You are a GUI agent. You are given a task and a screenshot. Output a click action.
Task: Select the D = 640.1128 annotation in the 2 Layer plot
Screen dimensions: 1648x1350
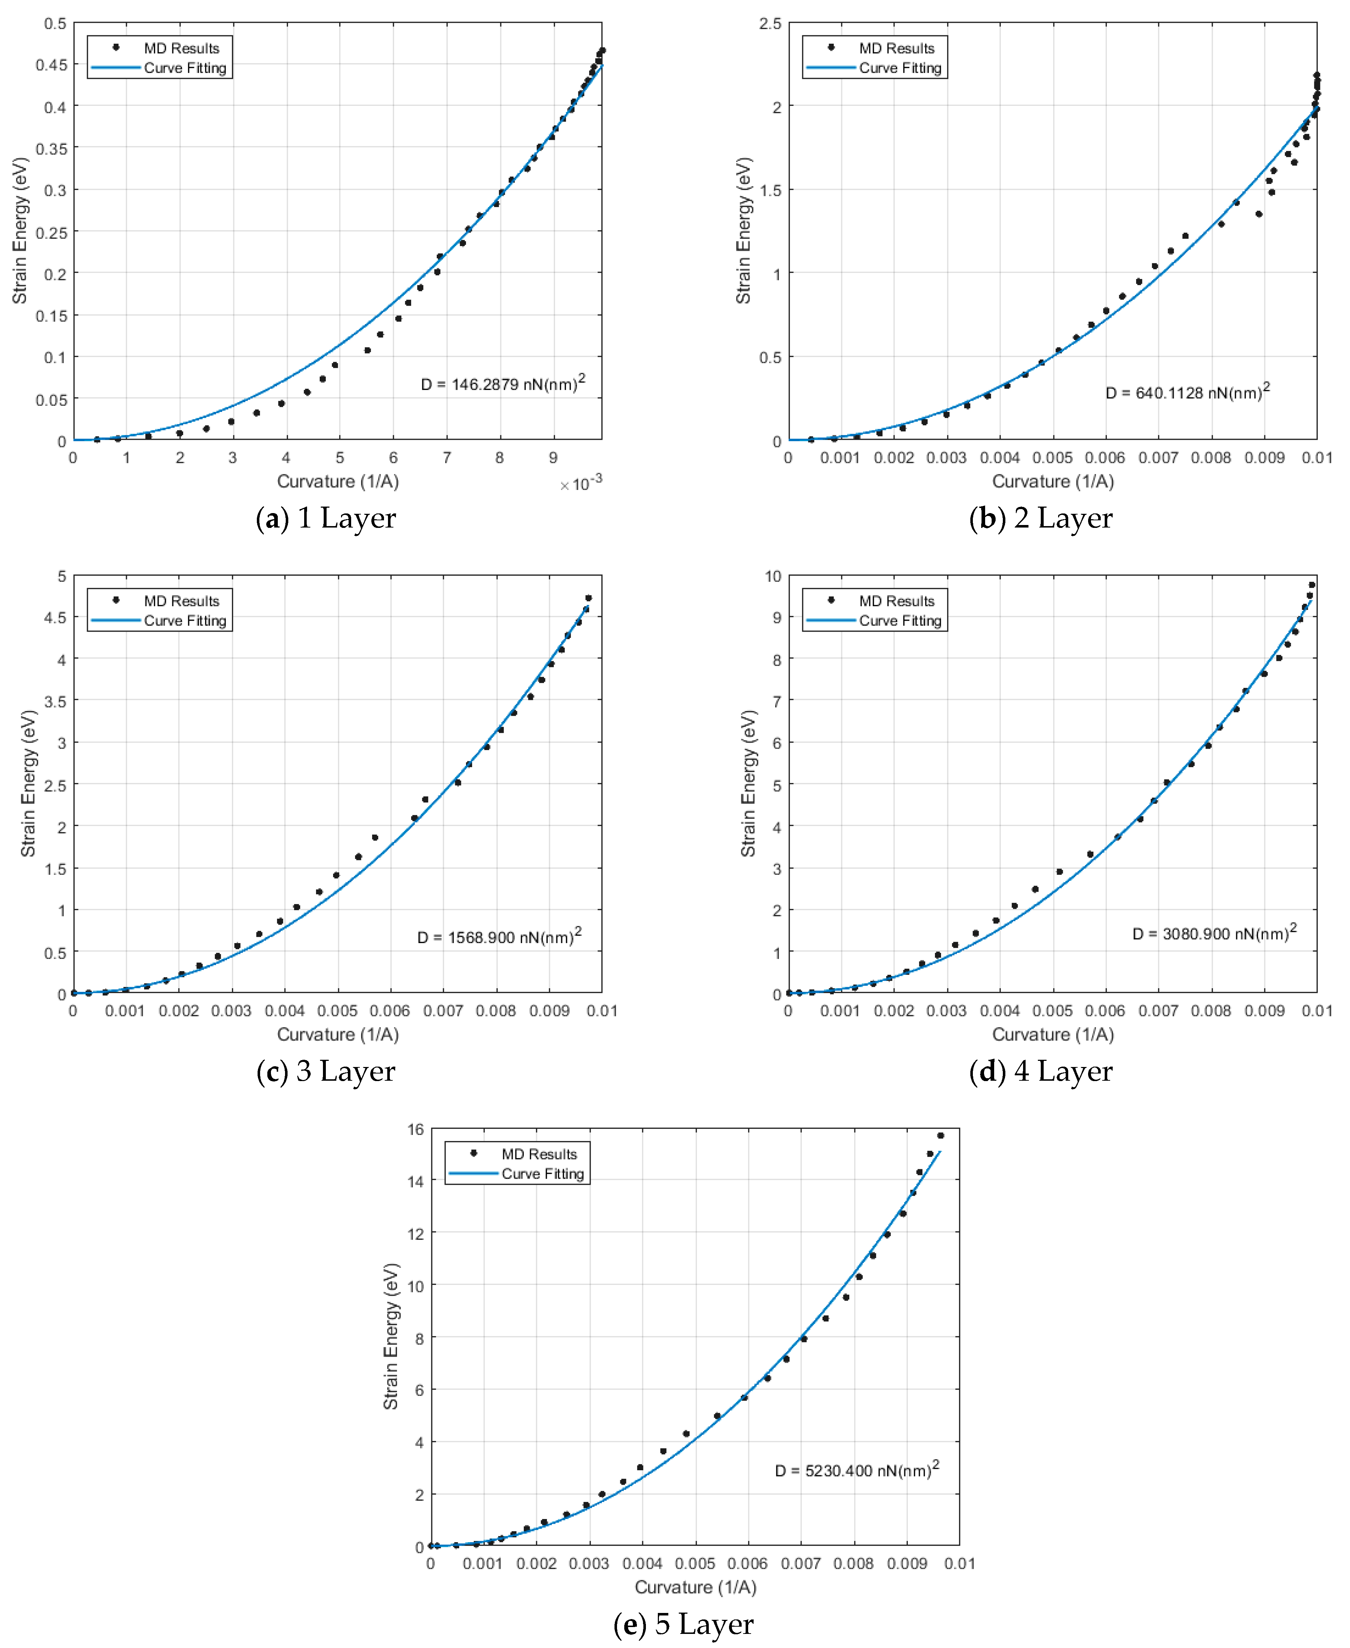1187,392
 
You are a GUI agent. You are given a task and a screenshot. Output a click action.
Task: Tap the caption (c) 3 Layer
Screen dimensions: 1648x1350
326,1071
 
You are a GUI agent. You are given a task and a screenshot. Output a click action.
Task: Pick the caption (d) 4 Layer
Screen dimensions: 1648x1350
1040,1071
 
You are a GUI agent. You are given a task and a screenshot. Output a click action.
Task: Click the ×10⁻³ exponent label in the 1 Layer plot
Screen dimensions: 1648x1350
581,484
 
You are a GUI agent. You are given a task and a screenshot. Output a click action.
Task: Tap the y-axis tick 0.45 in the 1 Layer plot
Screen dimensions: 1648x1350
51,65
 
